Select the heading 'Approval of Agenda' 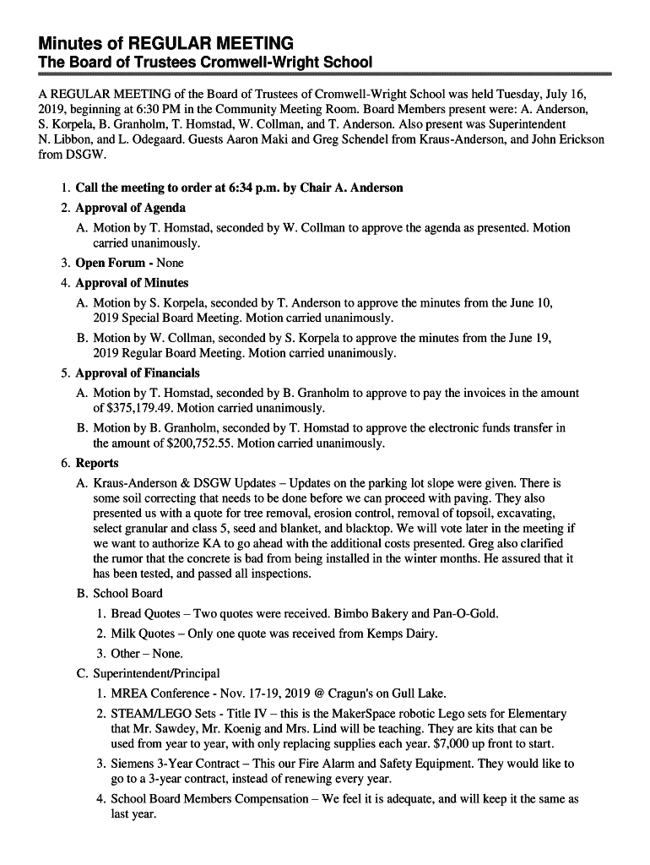point(131,208)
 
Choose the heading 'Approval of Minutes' point(132,283)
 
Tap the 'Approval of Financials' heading point(138,373)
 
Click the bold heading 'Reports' point(97,463)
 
